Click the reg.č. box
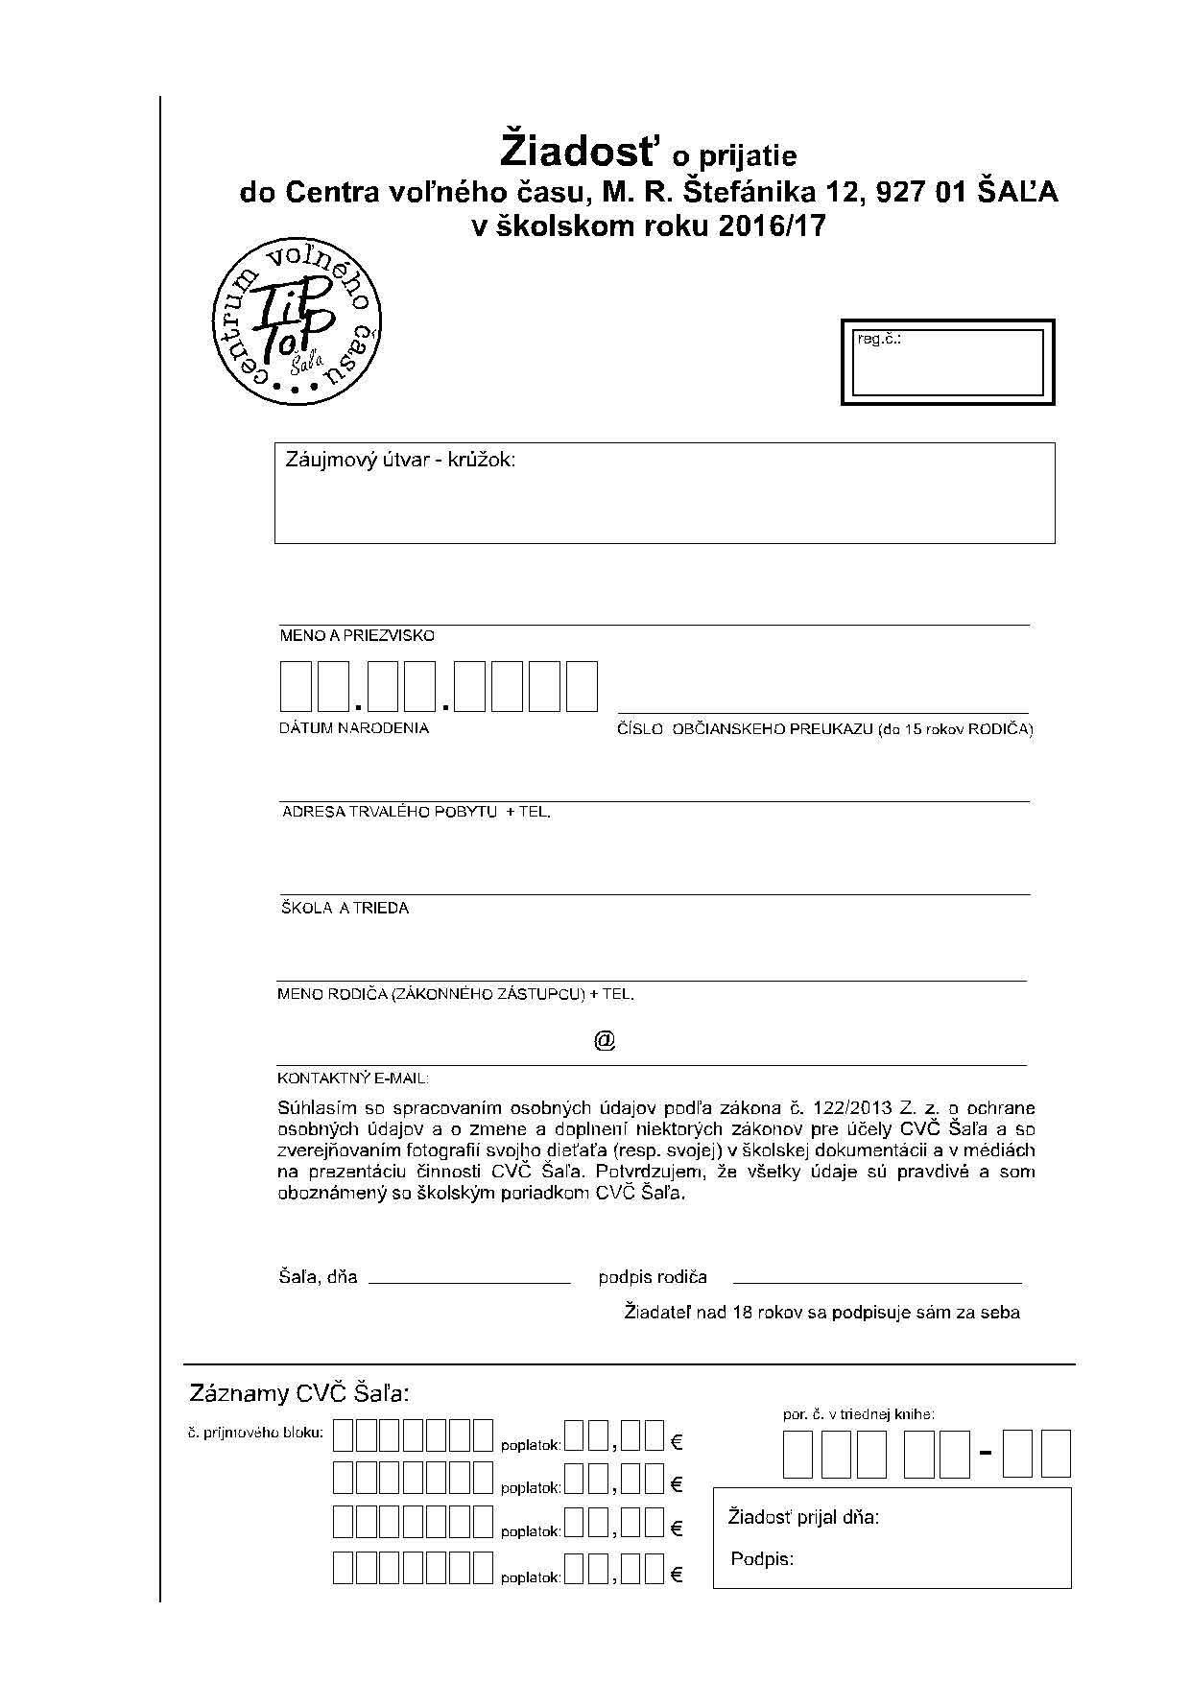tap(947, 363)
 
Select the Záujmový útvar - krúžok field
tap(664, 493)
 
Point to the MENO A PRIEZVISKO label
tap(357, 636)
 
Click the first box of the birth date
tap(295, 686)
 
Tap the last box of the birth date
tap(582, 686)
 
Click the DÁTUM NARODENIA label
tap(354, 728)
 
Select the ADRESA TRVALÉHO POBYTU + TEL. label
tap(416, 812)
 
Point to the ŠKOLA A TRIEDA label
tap(345, 908)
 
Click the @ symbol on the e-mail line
tap(605, 1040)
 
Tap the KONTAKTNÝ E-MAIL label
tap(352, 1079)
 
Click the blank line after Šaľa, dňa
tap(469, 1282)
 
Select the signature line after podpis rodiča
tap(877, 1282)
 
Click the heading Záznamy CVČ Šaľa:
tap(299, 1393)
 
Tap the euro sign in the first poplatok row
tap(677, 1441)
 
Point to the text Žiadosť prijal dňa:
tap(803, 1517)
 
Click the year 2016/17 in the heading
tap(770, 226)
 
